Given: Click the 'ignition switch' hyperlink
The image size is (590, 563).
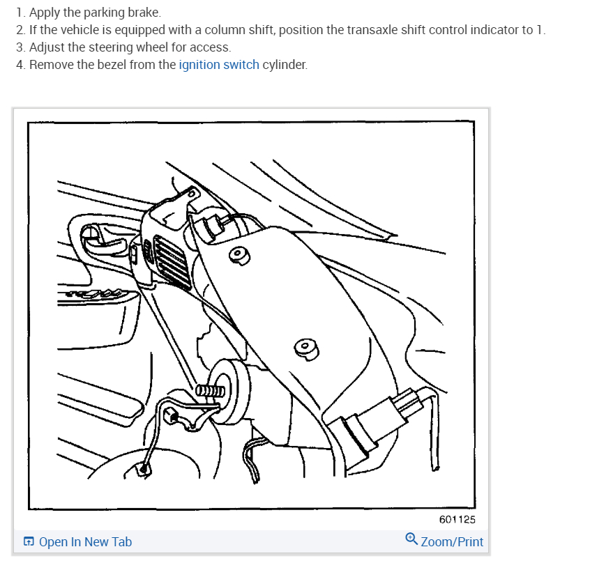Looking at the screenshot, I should click(219, 65).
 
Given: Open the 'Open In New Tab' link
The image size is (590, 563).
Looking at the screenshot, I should click(85, 541).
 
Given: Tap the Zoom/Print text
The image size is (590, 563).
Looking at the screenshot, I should click(452, 541).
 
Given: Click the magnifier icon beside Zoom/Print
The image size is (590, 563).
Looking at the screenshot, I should click(411, 539).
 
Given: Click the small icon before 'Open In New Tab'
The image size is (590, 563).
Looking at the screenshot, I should click(29, 541).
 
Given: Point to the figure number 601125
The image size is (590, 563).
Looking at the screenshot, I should click(457, 519).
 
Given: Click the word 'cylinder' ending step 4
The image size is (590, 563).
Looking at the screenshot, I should click(284, 65).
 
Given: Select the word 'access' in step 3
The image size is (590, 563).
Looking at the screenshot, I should click(213, 48).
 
